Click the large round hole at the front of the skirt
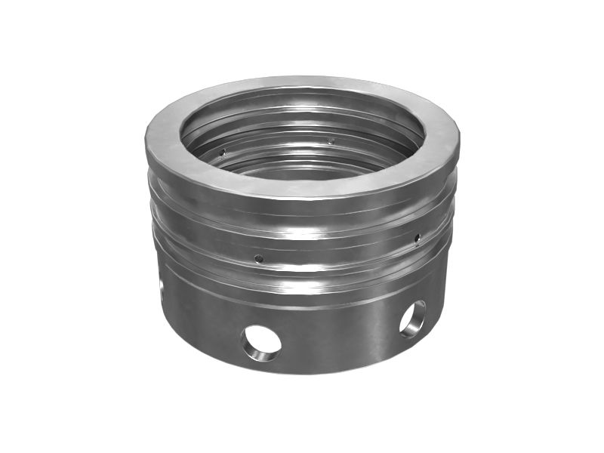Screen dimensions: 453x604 pyautogui.click(x=261, y=343)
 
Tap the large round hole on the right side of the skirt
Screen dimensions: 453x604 pyautogui.click(x=412, y=318)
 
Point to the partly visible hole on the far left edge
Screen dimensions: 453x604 pyautogui.click(x=162, y=286)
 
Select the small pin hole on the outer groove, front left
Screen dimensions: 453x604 pyautogui.click(x=258, y=258)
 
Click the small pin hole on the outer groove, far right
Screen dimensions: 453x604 pyautogui.click(x=418, y=239)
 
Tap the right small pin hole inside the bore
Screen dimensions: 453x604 pyautogui.click(x=331, y=140)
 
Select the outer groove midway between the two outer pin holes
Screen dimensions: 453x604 pyautogui.click(x=340, y=253)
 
